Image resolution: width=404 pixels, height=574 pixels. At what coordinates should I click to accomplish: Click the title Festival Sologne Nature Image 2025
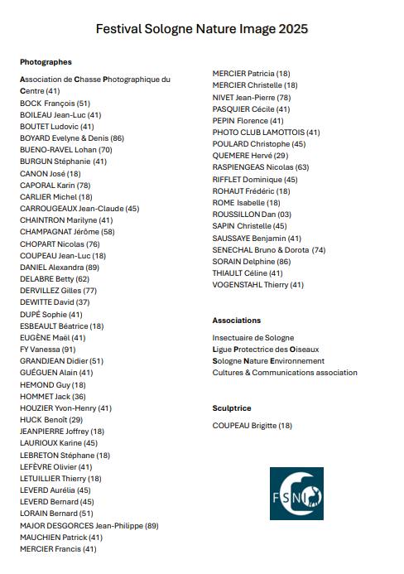pyautogui.click(x=202, y=29)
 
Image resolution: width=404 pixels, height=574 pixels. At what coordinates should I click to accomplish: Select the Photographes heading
pyautogui.click(x=46, y=62)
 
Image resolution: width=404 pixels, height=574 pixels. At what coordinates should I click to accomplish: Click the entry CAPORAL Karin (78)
pyautogui.click(x=55, y=186)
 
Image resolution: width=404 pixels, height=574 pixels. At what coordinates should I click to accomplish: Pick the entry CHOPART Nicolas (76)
pyautogui.click(x=60, y=244)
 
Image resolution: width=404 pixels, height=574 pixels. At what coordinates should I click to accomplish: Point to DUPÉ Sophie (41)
pyautogui.click(x=51, y=315)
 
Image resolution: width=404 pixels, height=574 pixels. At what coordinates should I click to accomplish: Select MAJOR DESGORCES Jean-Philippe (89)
pyautogui.click(x=89, y=525)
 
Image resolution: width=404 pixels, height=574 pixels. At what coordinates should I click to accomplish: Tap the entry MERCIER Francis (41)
pyautogui.click(x=58, y=548)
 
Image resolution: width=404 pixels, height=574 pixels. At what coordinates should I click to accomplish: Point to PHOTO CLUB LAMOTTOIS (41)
pyautogui.click(x=266, y=133)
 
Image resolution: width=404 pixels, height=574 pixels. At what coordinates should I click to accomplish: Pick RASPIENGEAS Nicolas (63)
pyautogui.click(x=261, y=167)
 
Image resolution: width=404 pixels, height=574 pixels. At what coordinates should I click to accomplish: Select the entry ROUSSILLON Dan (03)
pyautogui.click(x=252, y=215)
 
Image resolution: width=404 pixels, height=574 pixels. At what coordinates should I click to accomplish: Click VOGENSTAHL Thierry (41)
pyautogui.click(x=258, y=285)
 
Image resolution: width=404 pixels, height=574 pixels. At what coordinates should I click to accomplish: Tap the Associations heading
pyautogui.click(x=237, y=321)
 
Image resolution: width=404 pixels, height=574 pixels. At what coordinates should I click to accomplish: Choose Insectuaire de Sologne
pyautogui.click(x=253, y=338)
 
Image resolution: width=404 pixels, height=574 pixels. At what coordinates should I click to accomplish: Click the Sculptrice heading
pyautogui.click(x=232, y=408)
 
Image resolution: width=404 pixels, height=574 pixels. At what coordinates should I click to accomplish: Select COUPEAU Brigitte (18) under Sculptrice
pyautogui.click(x=252, y=426)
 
